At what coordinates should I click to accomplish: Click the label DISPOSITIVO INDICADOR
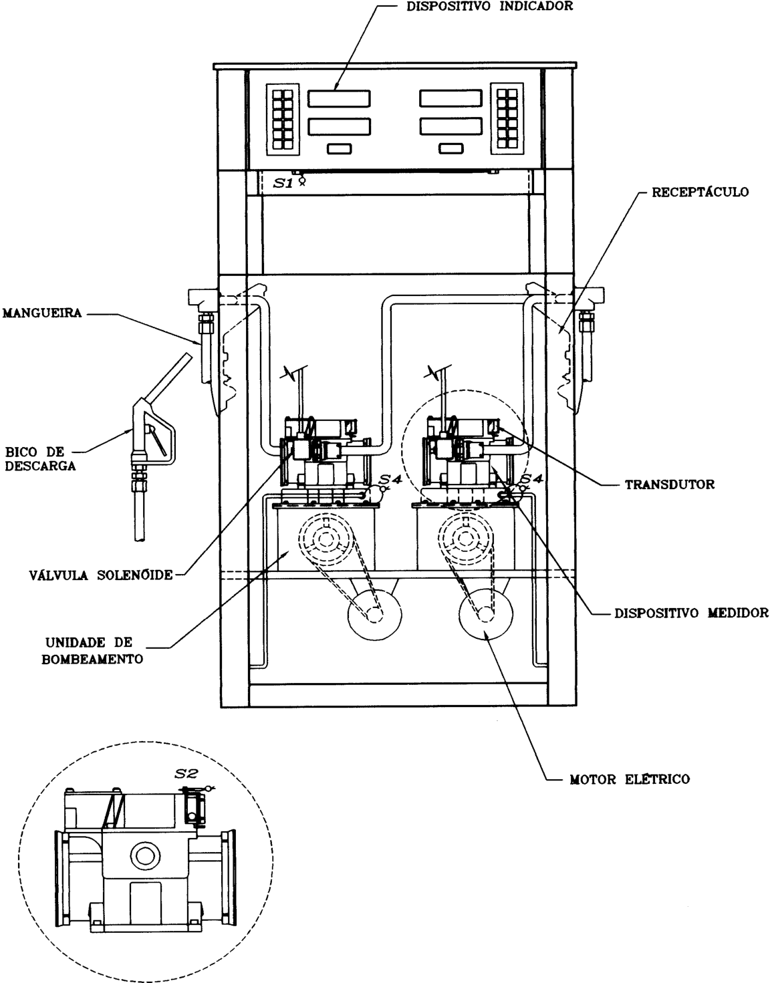coord(489,6)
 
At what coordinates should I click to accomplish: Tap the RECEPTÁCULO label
coord(700,192)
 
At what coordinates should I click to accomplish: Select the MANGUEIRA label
coord(42,313)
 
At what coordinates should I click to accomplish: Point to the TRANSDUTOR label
coord(670,485)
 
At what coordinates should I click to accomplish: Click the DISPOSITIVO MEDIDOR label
coord(691,613)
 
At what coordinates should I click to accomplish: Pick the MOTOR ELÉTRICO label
coord(630,779)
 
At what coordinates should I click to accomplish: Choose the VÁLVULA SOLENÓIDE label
coord(101,575)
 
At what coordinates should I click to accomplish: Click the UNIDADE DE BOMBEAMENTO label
coord(92,651)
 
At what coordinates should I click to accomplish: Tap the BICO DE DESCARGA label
coord(40,458)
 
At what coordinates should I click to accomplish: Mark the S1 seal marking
coord(283,183)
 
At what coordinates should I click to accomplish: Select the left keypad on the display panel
coord(283,119)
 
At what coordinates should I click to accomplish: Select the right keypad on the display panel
coord(507,118)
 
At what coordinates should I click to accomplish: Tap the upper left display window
coord(340,99)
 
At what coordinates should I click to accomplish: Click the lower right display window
coord(451,126)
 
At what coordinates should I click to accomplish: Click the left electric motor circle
coord(374,615)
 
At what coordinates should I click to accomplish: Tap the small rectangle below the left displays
coord(340,149)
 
